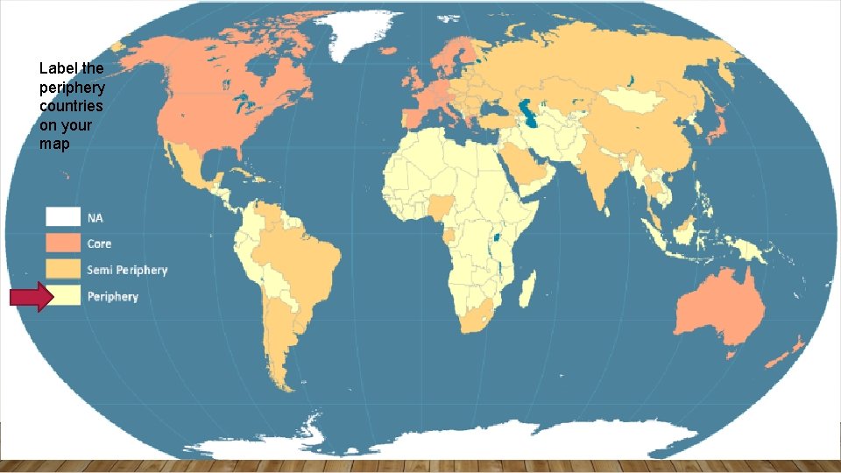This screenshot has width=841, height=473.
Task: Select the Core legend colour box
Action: click(x=63, y=244)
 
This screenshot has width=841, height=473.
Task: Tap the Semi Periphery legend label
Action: click(x=126, y=270)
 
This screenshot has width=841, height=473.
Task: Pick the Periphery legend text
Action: click(x=112, y=297)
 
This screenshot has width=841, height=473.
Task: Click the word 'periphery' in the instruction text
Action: click(x=73, y=88)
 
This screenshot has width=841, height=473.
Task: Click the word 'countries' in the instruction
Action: click(x=71, y=107)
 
